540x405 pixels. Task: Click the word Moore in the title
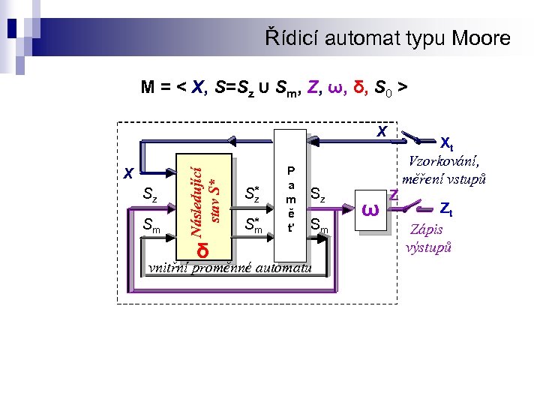tap(478, 38)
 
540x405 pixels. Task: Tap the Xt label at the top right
tap(447, 142)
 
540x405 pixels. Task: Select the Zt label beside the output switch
tap(445, 208)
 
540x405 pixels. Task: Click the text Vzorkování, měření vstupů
tap(445, 170)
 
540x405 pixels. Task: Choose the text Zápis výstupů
tap(429, 238)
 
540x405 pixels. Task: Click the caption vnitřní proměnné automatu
tap(229, 267)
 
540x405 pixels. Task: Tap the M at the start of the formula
tap(148, 88)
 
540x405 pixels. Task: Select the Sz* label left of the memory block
tap(252, 195)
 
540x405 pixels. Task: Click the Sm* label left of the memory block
tap(253, 223)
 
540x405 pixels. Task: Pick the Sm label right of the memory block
tap(319, 223)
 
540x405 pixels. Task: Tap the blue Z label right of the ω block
tap(391, 195)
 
